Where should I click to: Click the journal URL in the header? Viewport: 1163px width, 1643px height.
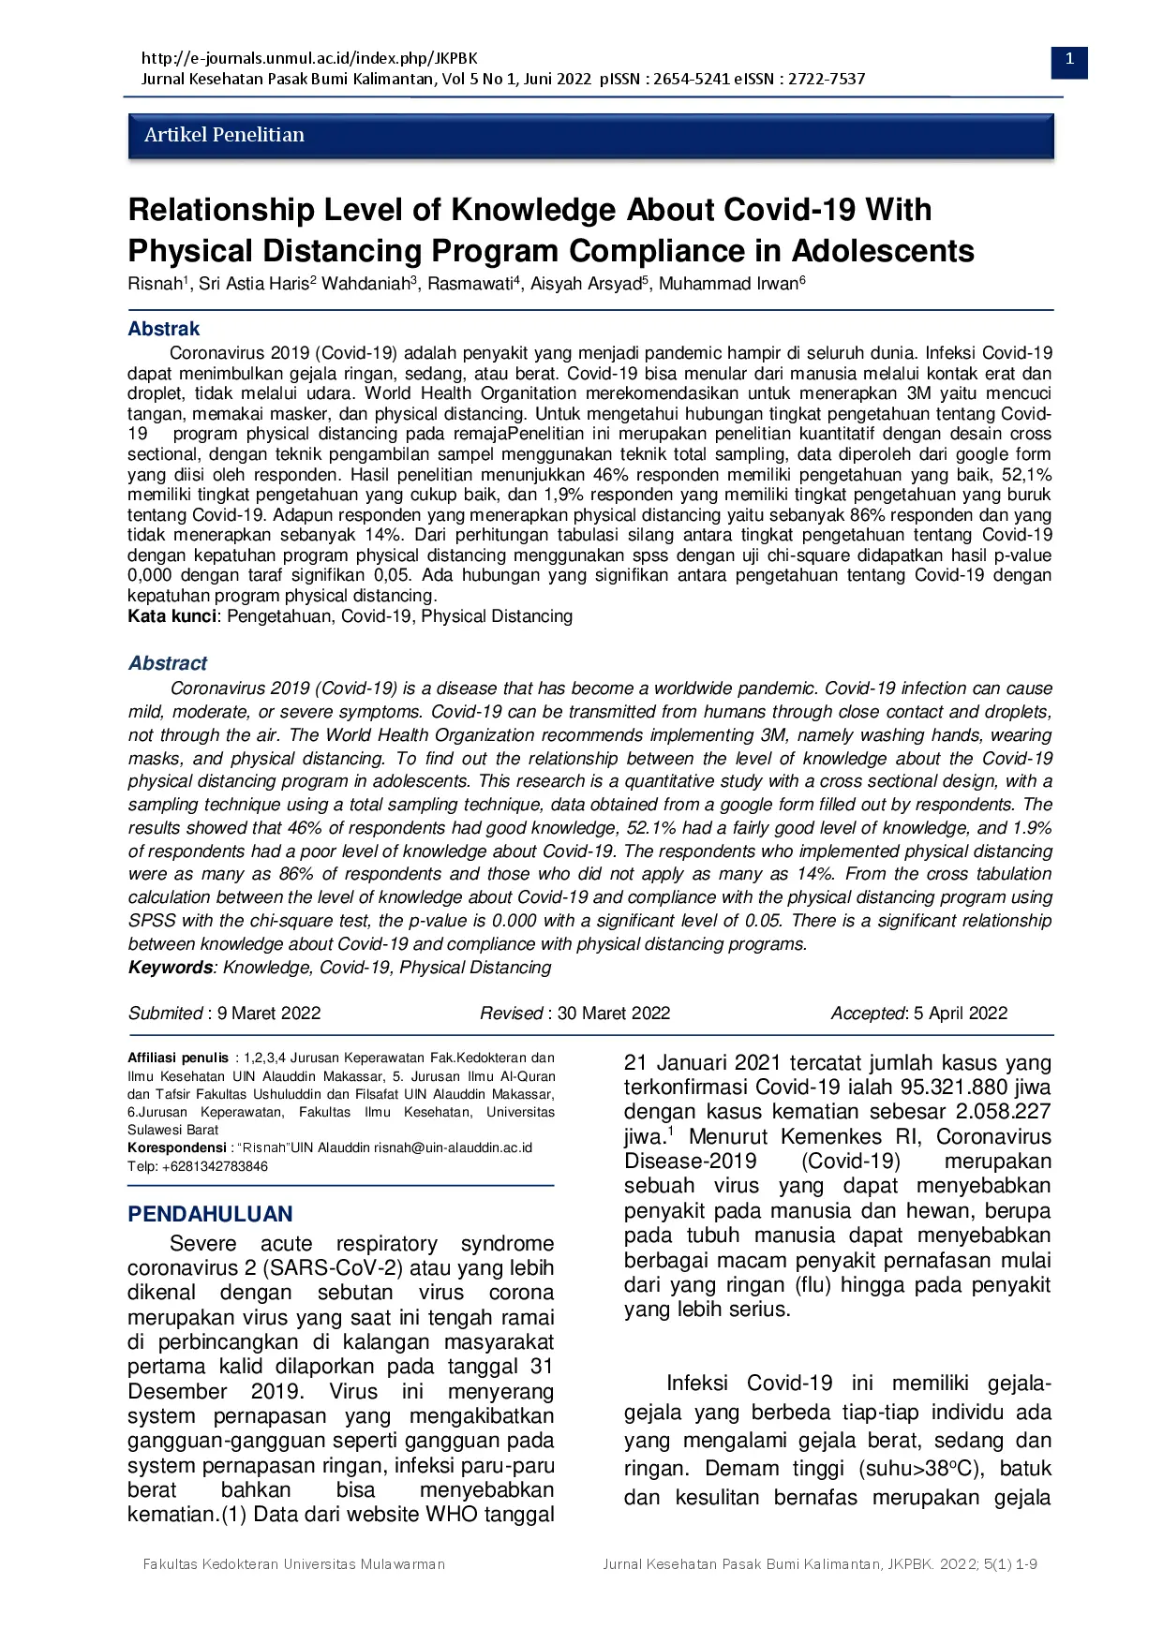point(309,58)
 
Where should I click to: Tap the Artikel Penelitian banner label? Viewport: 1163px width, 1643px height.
point(224,135)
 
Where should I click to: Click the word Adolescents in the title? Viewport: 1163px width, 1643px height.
point(883,251)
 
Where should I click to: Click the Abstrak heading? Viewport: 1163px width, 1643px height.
point(164,329)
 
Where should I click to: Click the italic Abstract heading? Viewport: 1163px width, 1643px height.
point(168,663)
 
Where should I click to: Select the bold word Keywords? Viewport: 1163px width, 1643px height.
point(171,968)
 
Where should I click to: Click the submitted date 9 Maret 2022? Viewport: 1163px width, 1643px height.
point(269,1014)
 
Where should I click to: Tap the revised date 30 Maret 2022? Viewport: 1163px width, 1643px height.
point(614,1014)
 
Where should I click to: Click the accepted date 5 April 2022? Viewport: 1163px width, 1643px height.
point(961,1014)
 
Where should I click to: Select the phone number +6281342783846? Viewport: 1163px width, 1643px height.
point(215,1166)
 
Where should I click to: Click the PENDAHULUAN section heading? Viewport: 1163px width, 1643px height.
point(210,1214)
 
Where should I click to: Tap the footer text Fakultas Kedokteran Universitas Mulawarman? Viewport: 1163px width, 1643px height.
point(293,1564)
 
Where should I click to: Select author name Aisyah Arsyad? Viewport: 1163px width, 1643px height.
point(586,284)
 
